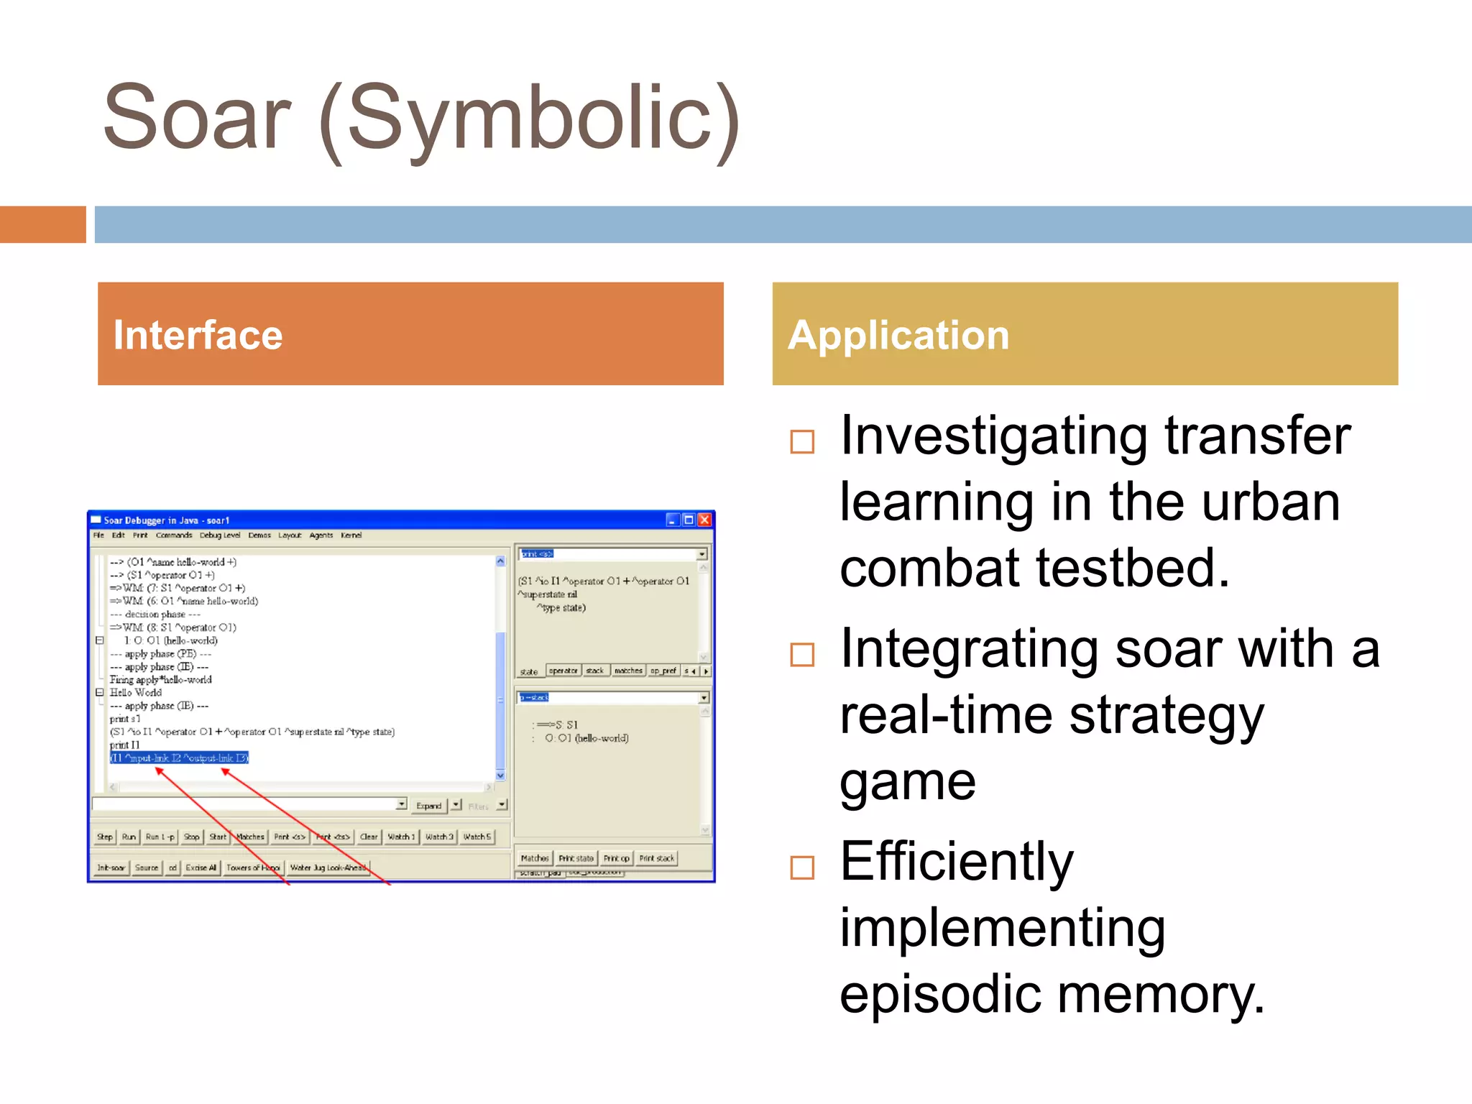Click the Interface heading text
pos(198,336)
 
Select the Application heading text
pos(898,336)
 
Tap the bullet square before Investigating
pos(802,441)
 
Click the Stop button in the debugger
pos(191,837)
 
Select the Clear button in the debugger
pos(369,837)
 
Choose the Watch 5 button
pos(477,837)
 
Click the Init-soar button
pos(111,868)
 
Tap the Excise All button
pos(201,868)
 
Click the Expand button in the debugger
pos(428,806)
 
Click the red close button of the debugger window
pos(704,520)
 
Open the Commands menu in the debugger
pos(173,535)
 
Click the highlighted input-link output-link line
pos(179,758)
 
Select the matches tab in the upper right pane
pos(628,671)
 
